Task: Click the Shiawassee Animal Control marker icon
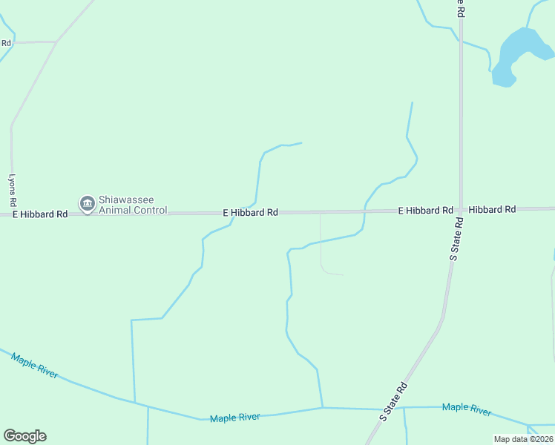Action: coord(88,202)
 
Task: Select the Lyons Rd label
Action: coord(12,191)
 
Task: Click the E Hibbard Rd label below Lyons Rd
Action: coord(40,214)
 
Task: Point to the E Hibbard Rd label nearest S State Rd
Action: coord(425,211)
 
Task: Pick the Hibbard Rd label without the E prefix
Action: coord(492,210)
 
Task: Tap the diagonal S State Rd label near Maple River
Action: coord(394,401)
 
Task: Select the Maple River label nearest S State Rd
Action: coord(467,409)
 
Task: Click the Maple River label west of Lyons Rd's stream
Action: coord(35,366)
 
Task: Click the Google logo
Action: coord(24,436)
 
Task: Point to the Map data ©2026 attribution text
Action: coord(524,439)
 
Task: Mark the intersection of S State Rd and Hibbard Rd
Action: coord(461,211)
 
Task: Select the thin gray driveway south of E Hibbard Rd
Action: coord(321,245)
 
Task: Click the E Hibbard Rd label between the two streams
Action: coord(251,213)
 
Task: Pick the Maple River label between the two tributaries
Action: coord(234,418)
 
